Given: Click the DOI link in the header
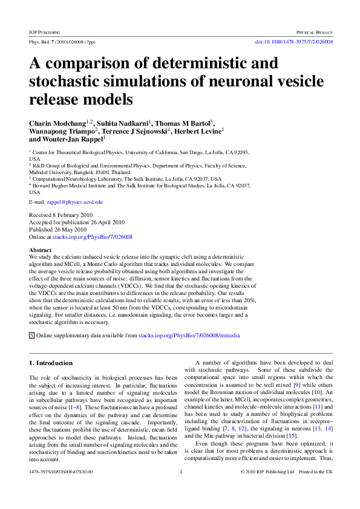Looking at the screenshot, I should pyautogui.click(x=295, y=42).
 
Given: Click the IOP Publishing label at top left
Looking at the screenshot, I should pyautogui.click(x=44, y=31).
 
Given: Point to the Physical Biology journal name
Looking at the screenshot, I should pyautogui.click(x=314, y=31).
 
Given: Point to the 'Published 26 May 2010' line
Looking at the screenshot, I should pyautogui.click(x=59, y=230).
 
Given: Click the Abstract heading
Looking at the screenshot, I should pyautogui.click(x=41, y=250).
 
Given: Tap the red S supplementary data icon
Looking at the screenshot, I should pyautogui.click(x=32, y=335).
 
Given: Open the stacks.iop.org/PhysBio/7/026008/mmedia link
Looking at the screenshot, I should pyautogui.click(x=189, y=335).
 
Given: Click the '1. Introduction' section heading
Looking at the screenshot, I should pyautogui.click(x=51, y=363).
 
